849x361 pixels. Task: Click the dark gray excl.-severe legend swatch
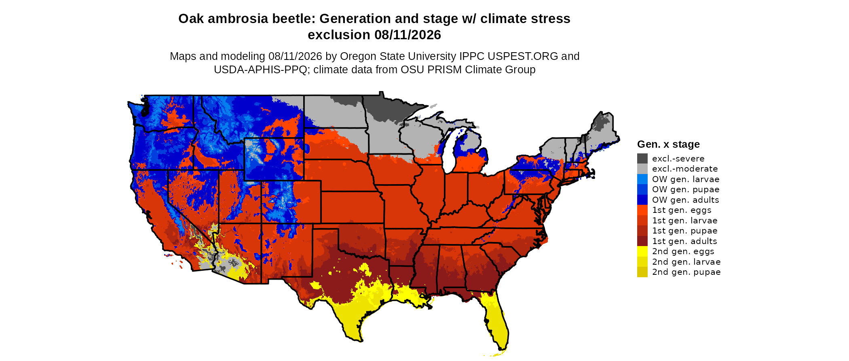[642, 158]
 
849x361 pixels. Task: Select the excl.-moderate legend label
[685, 169]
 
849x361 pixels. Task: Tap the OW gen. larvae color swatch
[642, 179]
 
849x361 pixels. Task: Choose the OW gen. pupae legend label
[686, 189]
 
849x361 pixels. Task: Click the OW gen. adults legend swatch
[642, 200]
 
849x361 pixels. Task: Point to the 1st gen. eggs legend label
[682, 210]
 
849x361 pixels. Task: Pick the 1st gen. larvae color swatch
[642, 220]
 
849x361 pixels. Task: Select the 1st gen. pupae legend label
[685, 231]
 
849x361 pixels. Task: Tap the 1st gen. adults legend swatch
[642, 241]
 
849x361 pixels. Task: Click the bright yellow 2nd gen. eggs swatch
[642, 251]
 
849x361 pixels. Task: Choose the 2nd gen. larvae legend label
[686, 262]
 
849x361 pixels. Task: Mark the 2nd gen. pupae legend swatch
[642, 272]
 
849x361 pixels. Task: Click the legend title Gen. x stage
[668, 144]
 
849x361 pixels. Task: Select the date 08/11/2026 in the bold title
[408, 35]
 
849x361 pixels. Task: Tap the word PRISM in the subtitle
[445, 70]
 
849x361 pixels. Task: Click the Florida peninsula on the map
[497, 324]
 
